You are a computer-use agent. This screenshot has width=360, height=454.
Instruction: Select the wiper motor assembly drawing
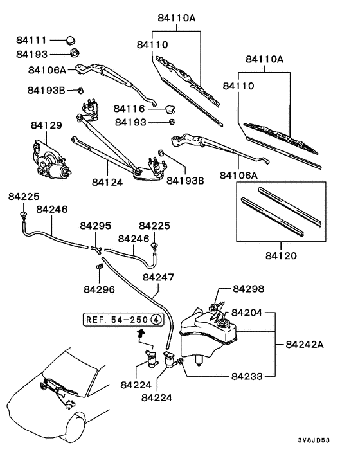click(51, 158)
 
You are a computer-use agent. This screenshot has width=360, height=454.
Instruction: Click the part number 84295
click(95, 226)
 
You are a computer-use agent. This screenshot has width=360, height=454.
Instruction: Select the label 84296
click(98, 289)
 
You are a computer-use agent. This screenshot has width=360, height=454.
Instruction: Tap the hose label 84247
click(158, 277)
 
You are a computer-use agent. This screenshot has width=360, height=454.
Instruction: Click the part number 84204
click(248, 313)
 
